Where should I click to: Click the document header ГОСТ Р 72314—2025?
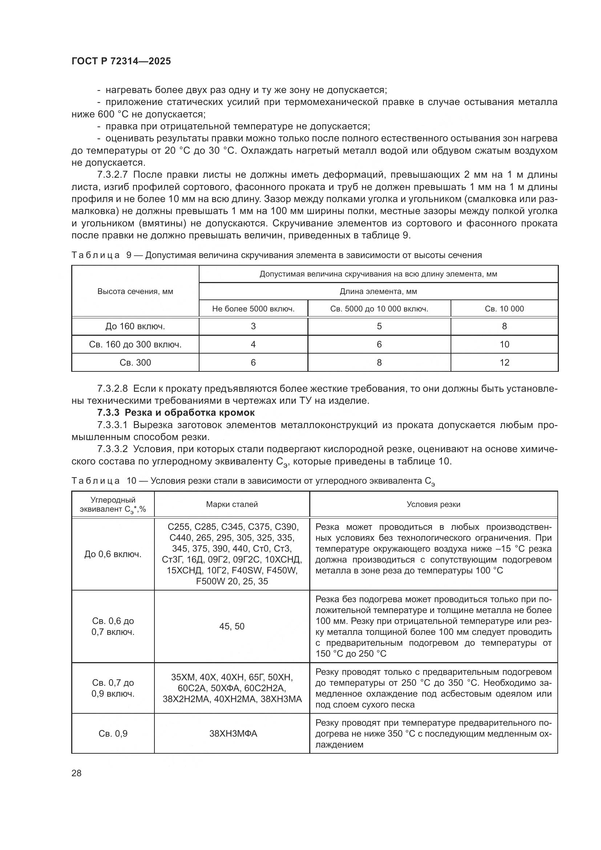121,61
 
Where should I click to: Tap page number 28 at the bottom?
77,773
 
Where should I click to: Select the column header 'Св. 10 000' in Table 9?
504,309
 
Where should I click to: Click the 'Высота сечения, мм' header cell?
135,291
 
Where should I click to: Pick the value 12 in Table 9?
504,362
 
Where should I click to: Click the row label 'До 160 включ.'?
135,327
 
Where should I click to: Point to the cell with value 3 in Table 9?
253,327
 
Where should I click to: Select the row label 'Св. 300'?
135,362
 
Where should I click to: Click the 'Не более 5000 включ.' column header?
253,309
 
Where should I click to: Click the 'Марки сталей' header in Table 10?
232,504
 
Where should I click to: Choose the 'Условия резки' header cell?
433,504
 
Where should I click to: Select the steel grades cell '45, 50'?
232,626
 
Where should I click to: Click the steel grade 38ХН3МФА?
233,733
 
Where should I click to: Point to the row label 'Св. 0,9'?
113,733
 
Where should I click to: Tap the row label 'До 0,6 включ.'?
113,554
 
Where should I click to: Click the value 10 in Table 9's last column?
504,345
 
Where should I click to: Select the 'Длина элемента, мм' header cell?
378,291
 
